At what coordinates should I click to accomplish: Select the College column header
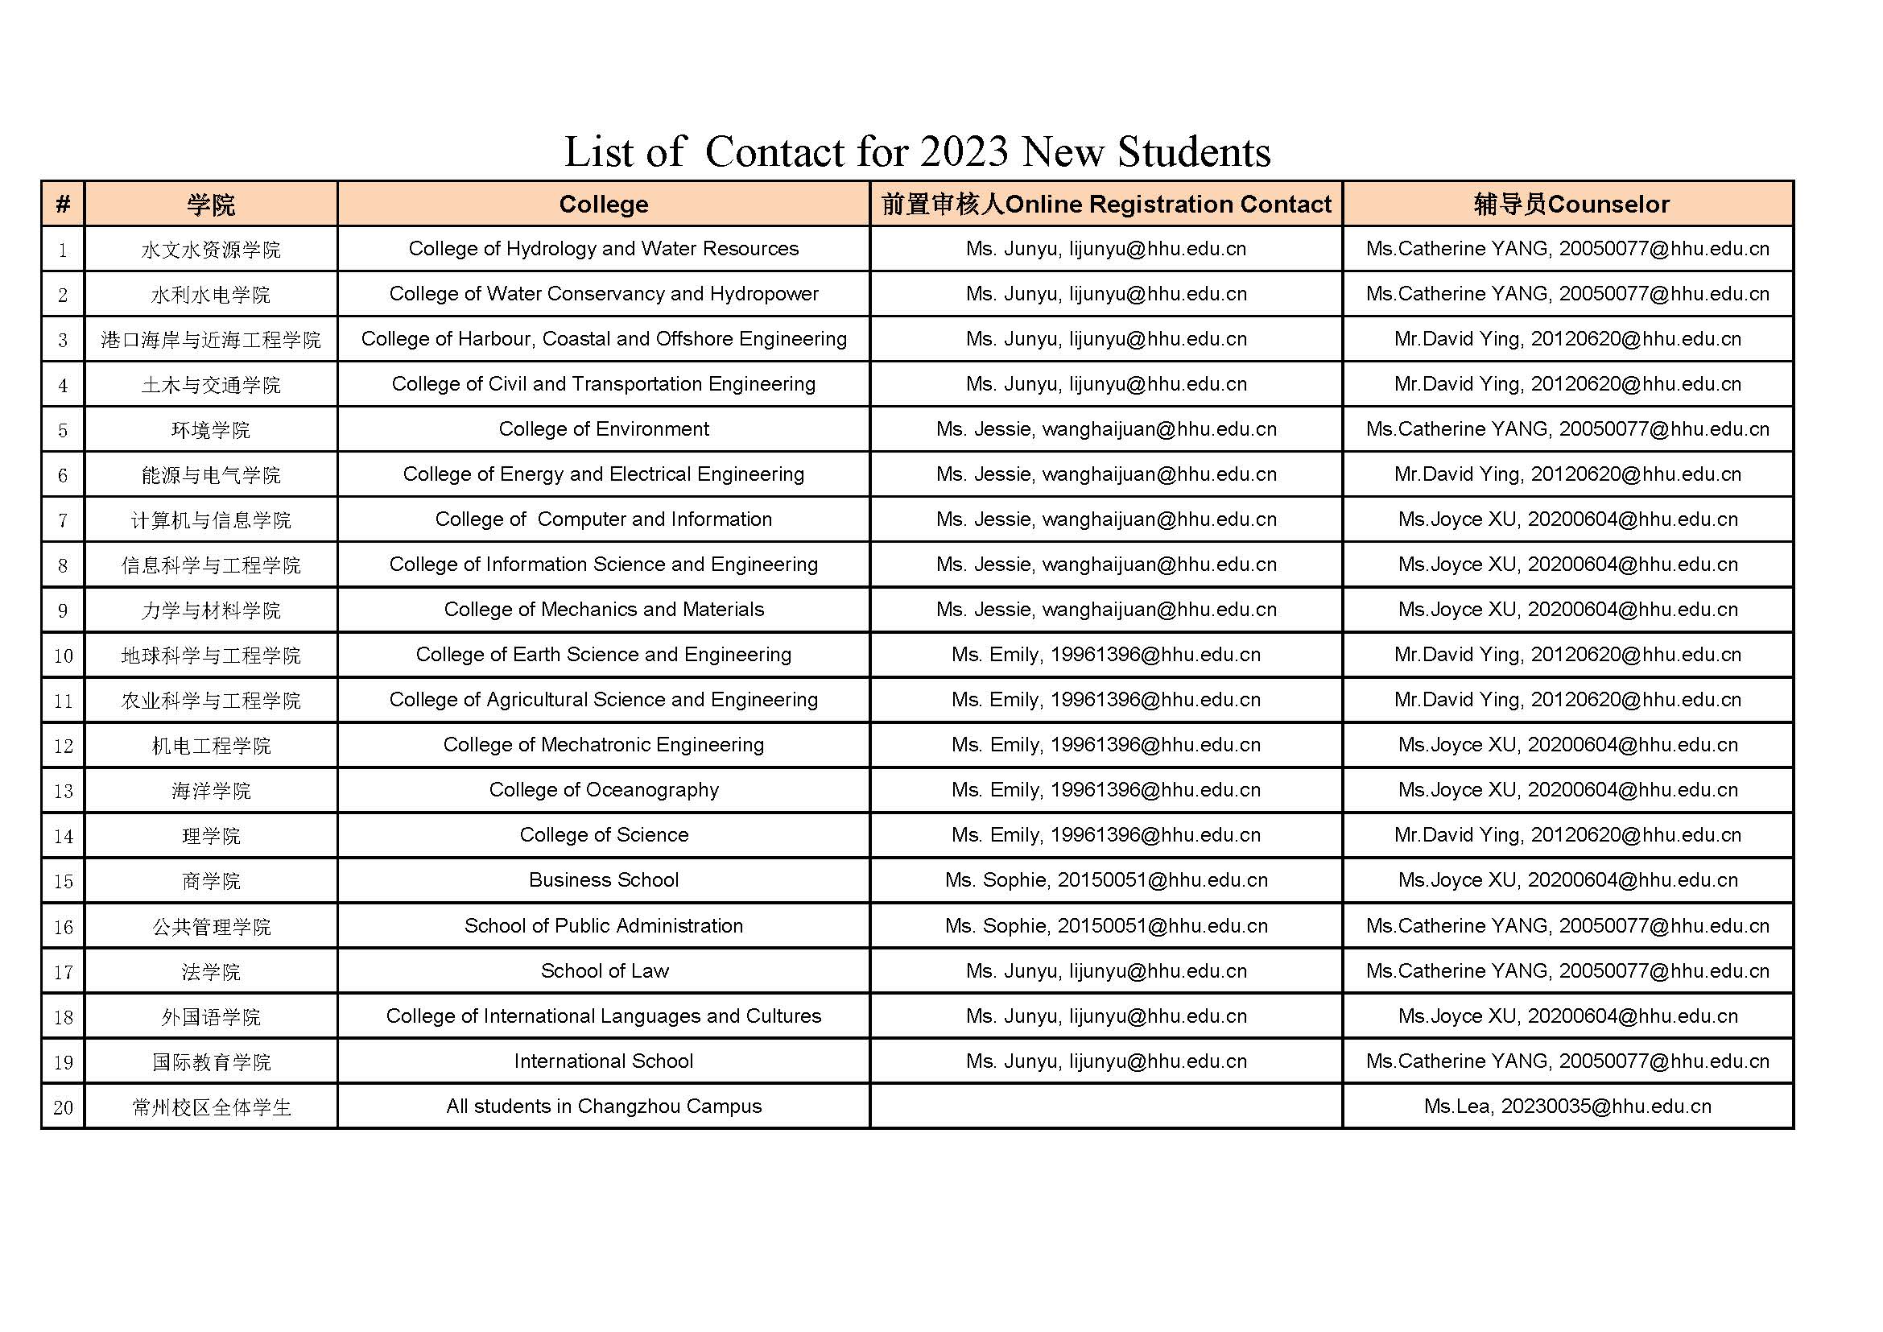pos(603,205)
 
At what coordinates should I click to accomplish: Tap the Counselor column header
pos(1571,205)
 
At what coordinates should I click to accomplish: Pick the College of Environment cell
pos(603,429)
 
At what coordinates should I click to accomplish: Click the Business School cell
pos(603,880)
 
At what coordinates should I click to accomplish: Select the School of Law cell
pos(605,971)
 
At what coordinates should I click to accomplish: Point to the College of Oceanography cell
pos(603,790)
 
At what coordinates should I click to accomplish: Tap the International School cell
pos(603,1061)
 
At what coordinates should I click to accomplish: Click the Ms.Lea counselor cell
pos(1567,1107)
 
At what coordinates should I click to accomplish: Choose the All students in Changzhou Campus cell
pos(603,1107)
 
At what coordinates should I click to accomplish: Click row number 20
pos(63,1107)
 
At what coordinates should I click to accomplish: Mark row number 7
pos(63,520)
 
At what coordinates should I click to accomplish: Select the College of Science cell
pos(603,835)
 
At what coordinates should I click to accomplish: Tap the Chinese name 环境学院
pos(211,430)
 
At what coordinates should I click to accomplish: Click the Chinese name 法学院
pos(211,972)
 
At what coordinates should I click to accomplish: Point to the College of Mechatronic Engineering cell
pos(603,745)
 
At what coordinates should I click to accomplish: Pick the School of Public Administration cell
pos(603,926)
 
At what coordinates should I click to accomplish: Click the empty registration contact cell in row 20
pos(1105,1107)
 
